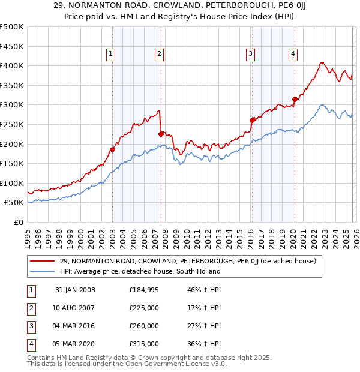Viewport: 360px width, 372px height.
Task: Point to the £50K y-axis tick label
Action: (13, 203)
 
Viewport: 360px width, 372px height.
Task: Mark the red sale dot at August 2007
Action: (161, 134)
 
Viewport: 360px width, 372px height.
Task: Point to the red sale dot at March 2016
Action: (252, 120)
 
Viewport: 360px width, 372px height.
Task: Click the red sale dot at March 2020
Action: (295, 99)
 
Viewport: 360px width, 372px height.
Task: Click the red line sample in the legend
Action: (43, 261)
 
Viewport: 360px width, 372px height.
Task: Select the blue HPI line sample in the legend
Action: (43, 271)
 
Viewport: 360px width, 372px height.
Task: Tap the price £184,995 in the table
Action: (144, 290)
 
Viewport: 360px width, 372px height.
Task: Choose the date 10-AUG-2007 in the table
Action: (75, 308)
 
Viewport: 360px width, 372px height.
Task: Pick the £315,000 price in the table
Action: (144, 344)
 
